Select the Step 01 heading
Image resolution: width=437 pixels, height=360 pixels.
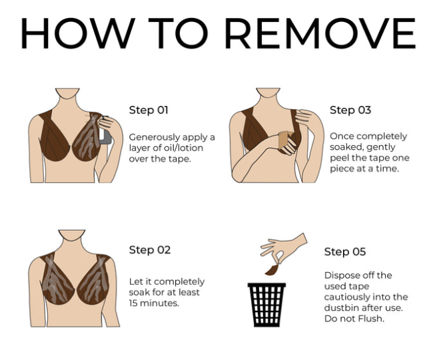coord(149,110)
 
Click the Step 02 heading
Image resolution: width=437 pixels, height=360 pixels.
coord(149,250)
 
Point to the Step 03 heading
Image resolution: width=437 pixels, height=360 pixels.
coord(350,110)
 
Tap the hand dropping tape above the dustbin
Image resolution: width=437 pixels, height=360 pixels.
coord(283,248)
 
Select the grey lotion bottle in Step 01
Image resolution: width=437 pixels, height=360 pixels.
coord(105,135)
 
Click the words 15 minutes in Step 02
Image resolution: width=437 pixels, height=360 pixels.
coord(154,303)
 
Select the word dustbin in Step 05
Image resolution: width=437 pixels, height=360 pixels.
coord(342,308)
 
